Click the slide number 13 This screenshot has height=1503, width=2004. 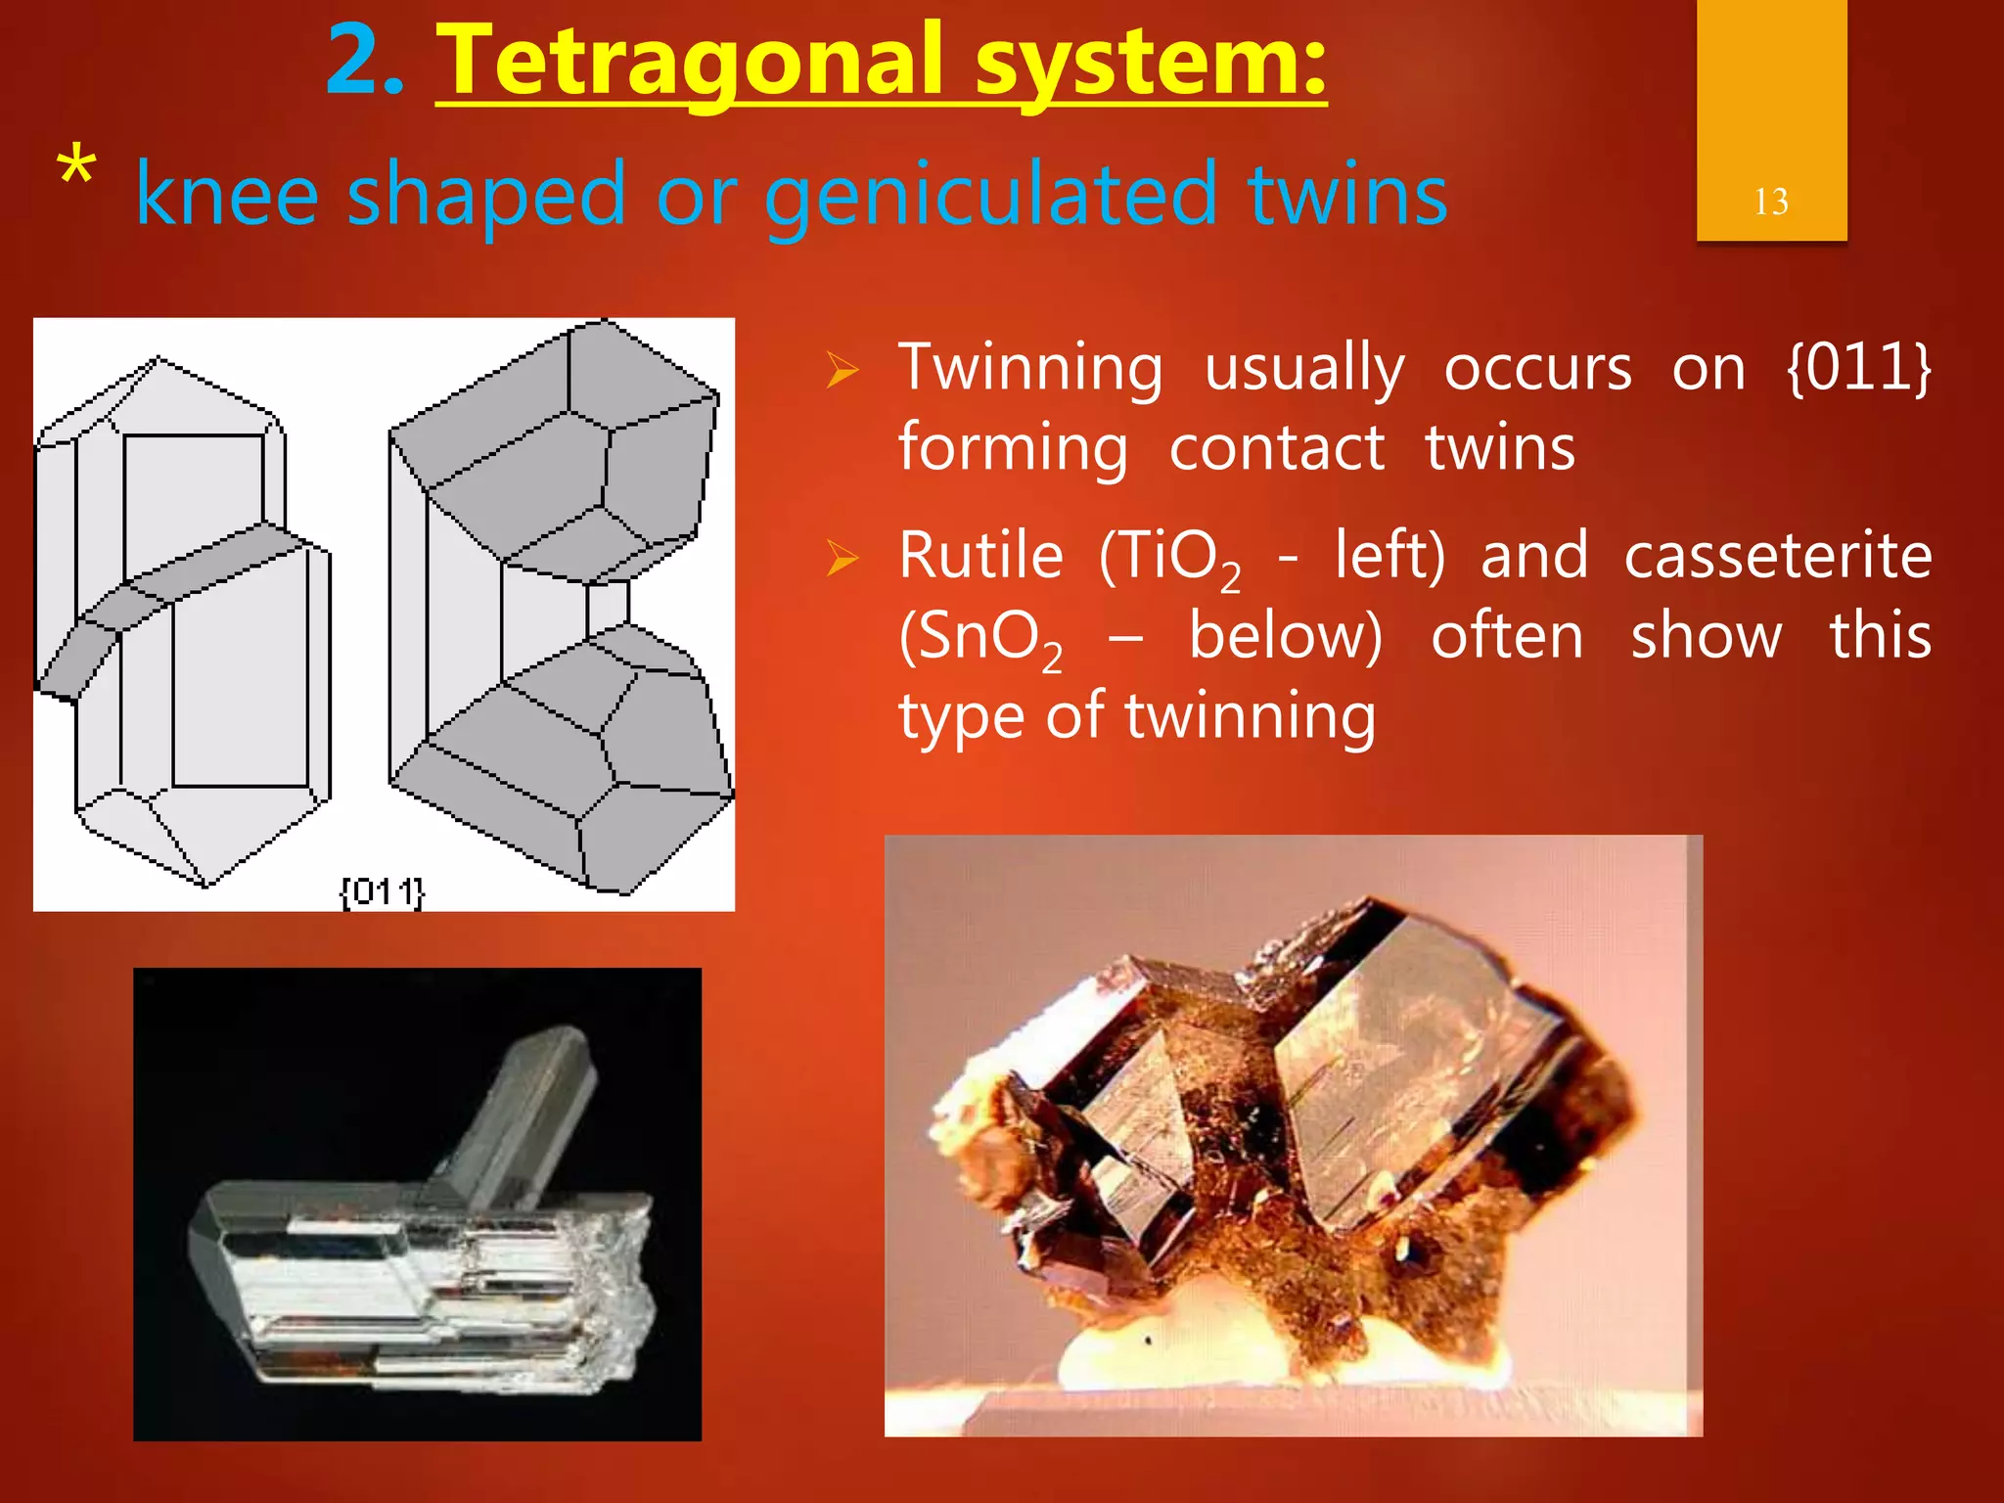[x=1770, y=202]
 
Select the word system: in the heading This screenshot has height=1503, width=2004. [x=1150, y=61]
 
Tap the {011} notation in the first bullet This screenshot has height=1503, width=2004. [x=1857, y=368]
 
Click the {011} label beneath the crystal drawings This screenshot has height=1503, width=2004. [x=382, y=891]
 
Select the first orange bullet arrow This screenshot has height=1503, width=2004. [x=842, y=371]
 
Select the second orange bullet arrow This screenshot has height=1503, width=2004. [x=842, y=559]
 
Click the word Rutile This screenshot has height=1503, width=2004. [x=980, y=556]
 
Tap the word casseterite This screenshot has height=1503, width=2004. [x=1778, y=556]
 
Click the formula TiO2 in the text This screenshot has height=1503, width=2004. [x=1170, y=559]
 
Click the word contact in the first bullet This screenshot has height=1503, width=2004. [x=1276, y=449]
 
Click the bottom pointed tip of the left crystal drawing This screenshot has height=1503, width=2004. [x=206, y=884]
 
